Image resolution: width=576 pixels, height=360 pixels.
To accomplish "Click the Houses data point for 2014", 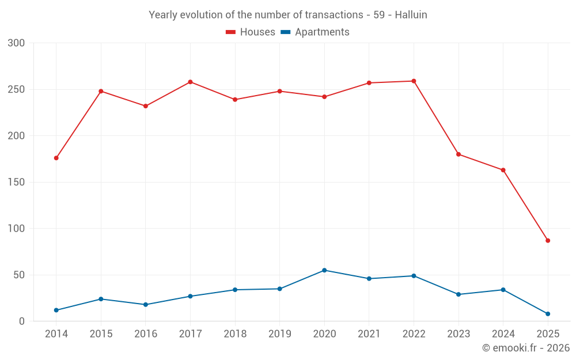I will (x=56, y=158).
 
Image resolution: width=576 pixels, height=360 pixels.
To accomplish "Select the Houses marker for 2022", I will (x=414, y=81).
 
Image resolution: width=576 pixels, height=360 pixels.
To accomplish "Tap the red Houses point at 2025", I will (x=548, y=241).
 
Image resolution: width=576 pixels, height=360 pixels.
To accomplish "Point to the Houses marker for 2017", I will (x=190, y=82).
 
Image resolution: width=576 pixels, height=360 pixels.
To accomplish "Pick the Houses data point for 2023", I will (x=458, y=154).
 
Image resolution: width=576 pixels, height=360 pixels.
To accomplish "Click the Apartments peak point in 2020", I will (x=324, y=270).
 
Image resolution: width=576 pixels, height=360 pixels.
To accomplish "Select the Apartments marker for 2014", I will (x=56, y=310).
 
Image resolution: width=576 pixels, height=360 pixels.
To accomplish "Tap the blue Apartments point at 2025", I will (x=548, y=314).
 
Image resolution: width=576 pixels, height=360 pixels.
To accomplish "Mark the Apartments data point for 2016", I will (x=145, y=305).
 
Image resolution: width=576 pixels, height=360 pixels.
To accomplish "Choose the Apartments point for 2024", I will (x=503, y=290).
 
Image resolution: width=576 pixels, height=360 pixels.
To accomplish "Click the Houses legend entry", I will (x=251, y=32).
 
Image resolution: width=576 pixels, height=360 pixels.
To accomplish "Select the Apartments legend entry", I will (x=315, y=32).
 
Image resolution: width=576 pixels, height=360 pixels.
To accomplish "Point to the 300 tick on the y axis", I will (x=17, y=43).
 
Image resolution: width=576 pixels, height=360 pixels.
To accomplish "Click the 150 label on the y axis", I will (x=17, y=183).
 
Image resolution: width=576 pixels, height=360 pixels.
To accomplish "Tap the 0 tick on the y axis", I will (x=22, y=321).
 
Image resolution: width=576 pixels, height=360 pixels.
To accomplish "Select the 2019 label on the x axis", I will (x=279, y=334).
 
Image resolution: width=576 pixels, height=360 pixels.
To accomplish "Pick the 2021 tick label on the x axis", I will (x=369, y=334).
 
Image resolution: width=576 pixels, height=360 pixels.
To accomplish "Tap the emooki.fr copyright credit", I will (x=526, y=348).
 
